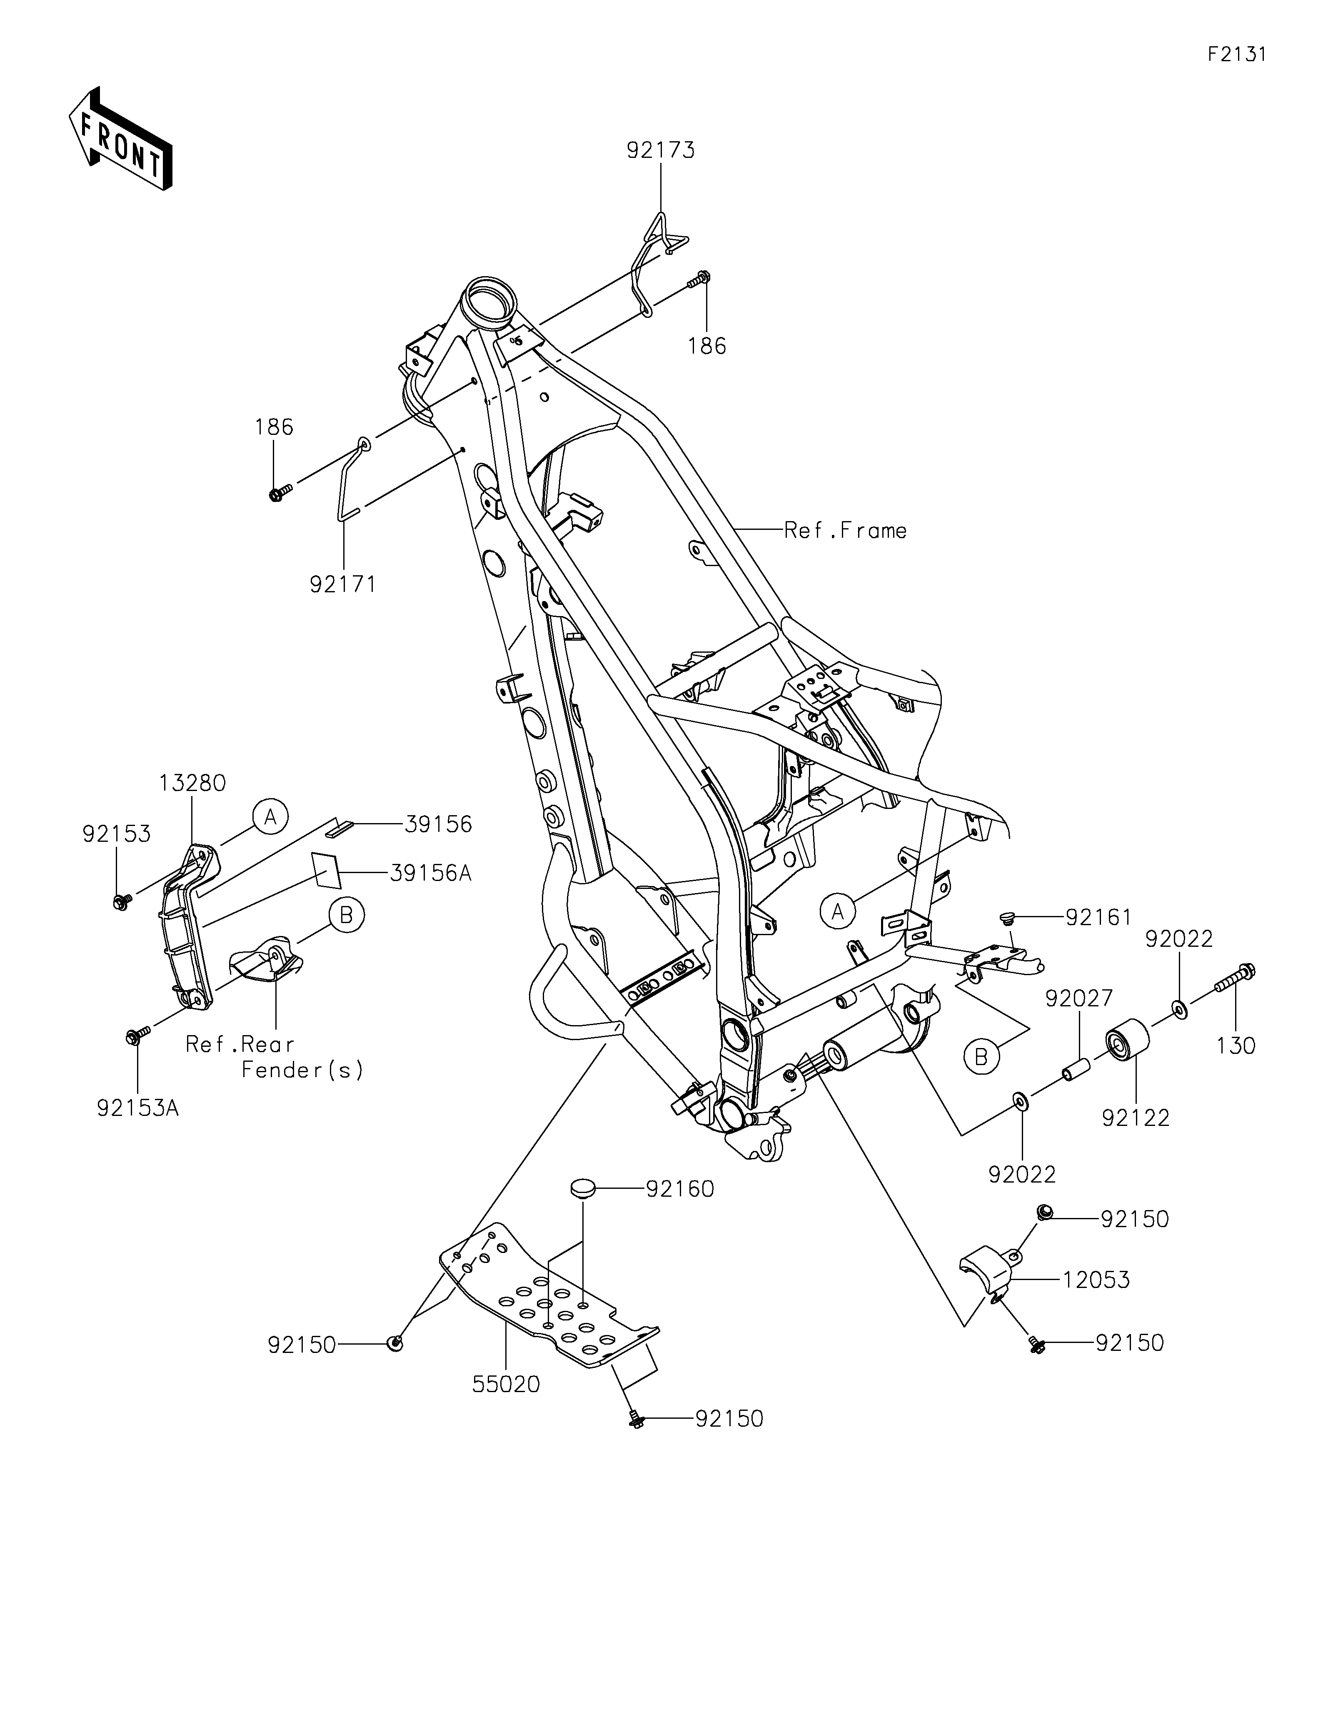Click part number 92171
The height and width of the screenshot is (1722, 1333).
coord(343,584)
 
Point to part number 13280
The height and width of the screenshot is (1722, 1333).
coord(192,783)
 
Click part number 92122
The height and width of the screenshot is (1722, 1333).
coord(1136,1118)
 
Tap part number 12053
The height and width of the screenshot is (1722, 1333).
coord(1096,1280)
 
